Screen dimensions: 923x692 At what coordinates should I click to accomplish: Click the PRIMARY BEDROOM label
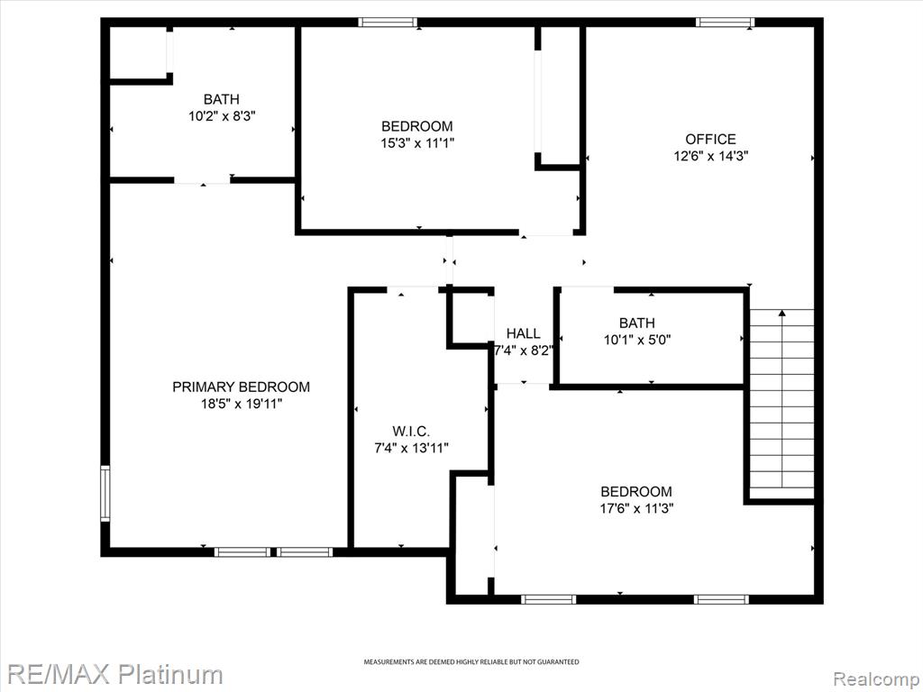tap(241, 387)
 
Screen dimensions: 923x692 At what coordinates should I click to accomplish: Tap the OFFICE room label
tap(710, 140)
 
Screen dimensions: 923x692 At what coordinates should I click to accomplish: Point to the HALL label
tap(524, 333)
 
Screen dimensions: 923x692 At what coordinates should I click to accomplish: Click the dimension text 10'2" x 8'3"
tap(222, 116)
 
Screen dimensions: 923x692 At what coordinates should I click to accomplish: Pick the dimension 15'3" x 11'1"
tap(417, 143)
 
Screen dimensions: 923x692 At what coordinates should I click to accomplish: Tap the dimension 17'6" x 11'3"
tap(636, 508)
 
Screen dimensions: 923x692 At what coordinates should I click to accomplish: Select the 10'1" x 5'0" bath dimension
tap(637, 340)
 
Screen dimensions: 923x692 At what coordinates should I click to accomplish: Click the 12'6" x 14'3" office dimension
tap(710, 157)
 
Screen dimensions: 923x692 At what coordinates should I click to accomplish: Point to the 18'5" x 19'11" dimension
tap(242, 404)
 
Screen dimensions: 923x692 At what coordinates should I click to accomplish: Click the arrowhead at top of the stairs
tap(781, 313)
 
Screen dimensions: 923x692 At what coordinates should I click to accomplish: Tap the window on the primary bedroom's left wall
tap(105, 493)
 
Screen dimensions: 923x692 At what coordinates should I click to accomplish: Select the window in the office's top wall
tap(725, 23)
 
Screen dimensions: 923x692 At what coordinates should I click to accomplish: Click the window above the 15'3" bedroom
tap(388, 23)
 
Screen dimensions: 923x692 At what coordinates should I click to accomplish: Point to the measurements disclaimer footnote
tap(471, 662)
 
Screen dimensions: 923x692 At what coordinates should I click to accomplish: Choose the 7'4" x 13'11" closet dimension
tap(411, 449)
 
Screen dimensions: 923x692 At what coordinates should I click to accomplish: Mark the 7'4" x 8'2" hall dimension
tap(524, 351)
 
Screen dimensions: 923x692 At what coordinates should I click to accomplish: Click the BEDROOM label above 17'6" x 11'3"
tap(636, 491)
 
